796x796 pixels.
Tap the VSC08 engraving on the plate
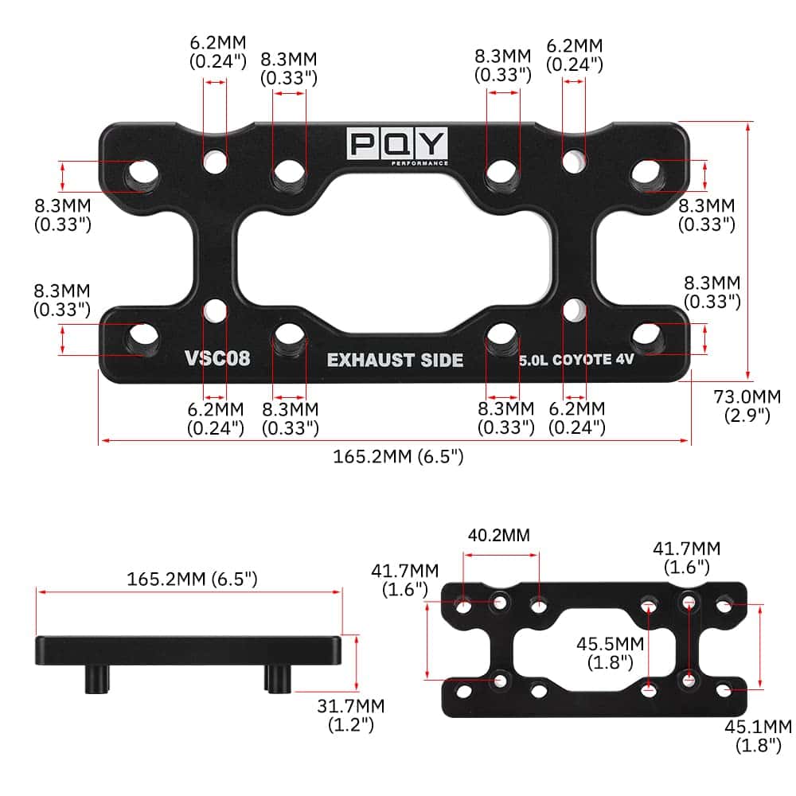pos(217,358)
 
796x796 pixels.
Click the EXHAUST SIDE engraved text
pos(395,360)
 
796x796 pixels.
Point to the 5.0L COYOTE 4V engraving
pos(576,360)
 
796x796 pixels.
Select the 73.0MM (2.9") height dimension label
pos(747,406)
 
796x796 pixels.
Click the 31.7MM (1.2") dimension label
pos(351,715)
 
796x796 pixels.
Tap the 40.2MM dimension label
pos(498,535)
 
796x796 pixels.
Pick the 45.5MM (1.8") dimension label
pos(611,653)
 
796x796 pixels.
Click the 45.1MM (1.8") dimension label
pos(759,736)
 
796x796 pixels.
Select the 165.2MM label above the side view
pos(192,579)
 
